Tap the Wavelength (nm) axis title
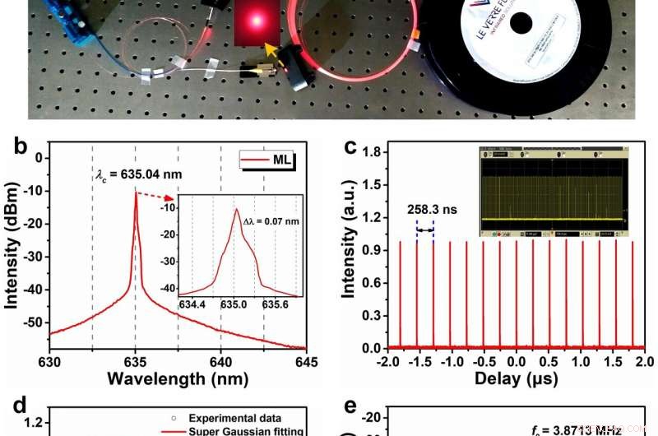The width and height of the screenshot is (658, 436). [178, 379]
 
